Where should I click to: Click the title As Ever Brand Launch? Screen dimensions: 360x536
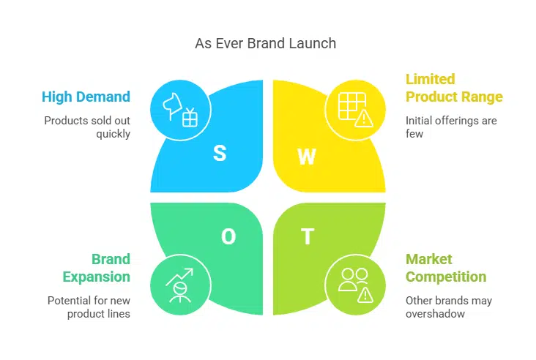pyautogui.click(x=265, y=43)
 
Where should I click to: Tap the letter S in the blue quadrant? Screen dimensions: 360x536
pyautogui.click(x=220, y=153)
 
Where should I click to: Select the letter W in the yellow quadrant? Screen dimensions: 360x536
pyautogui.click(x=307, y=156)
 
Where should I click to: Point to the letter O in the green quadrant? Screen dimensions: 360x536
pyautogui.click(x=228, y=236)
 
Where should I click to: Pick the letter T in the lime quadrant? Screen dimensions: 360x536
pyautogui.click(x=308, y=236)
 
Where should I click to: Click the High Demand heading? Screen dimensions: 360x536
pyautogui.click(x=86, y=97)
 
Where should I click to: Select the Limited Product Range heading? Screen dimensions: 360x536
pyautogui.click(x=454, y=88)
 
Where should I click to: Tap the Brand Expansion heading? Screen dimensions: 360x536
pyautogui.click(x=96, y=268)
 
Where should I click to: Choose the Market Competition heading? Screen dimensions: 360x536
pyautogui.click(x=446, y=268)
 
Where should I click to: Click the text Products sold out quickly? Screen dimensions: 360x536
pyautogui.click(x=86, y=127)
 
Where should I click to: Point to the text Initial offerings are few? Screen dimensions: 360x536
pyautogui.click(x=451, y=127)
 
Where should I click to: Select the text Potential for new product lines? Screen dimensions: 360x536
pyautogui.click(x=89, y=307)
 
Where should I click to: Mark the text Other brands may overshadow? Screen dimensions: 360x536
pyautogui.click(x=449, y=307)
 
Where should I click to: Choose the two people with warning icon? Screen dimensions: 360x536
pyautogui.click(x=355, y=284)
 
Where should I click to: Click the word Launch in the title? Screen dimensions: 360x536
pyautogui.click(x=313, y=43)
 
